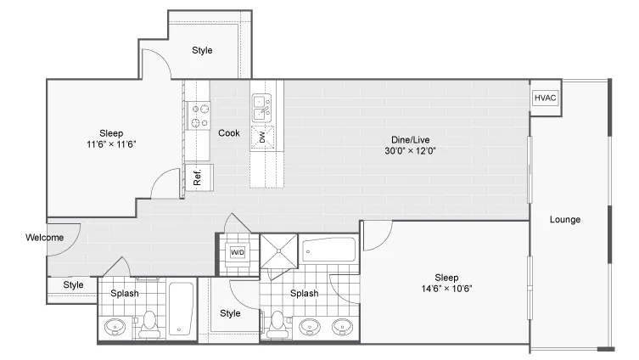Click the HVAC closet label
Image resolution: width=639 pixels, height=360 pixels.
pyautogui.click(x=545, y=98)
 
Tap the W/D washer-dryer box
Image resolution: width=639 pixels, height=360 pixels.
pyautogui.click(x=237, y=252)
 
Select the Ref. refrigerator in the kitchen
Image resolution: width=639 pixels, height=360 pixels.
pyautogui.click(x=199, y=177)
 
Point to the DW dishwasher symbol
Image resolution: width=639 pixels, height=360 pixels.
pyautogui.click(x=262, y=138)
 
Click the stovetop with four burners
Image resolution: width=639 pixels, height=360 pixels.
pyautogui.click(x=199, y=115)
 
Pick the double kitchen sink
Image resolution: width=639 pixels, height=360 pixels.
pyautogui.click(x=261, y=108)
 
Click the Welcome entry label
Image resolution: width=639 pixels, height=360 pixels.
pyautogui.click(x=44, y=237)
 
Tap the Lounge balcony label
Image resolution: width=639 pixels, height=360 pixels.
pyautogui.click(x=565, y=219)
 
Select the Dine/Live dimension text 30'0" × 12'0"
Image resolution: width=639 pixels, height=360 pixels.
pyautogui.click(x=410, y=151)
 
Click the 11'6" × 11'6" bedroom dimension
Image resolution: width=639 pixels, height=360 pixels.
pyautogui.click(x=111, y=144)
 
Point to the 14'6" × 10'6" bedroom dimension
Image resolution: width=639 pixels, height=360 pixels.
pyautogui.click(x=446, y=289)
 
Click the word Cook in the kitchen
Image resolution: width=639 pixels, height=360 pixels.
pyautogui.click(x=229, y=133)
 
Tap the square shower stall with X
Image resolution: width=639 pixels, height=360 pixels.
pyautogui.click(x=279, y=251)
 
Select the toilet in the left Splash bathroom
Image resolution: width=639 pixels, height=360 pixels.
pyautogui.click(x=149, y=325)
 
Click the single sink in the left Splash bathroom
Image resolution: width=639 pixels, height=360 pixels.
pyautogui.click(x=115, y=327)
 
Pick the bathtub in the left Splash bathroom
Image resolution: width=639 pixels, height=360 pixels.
pyautogui.click(x=181, y=308)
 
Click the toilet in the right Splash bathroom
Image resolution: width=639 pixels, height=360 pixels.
pyautogui.click(x=277, y=325)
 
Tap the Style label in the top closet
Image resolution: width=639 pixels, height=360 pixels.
pyautogui.click(x=202, y=50)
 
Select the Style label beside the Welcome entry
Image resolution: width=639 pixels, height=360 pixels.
pyautogui.click(x=73, y=285)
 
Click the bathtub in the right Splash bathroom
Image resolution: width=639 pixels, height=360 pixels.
pyautogui.click(x=328, y=250)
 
